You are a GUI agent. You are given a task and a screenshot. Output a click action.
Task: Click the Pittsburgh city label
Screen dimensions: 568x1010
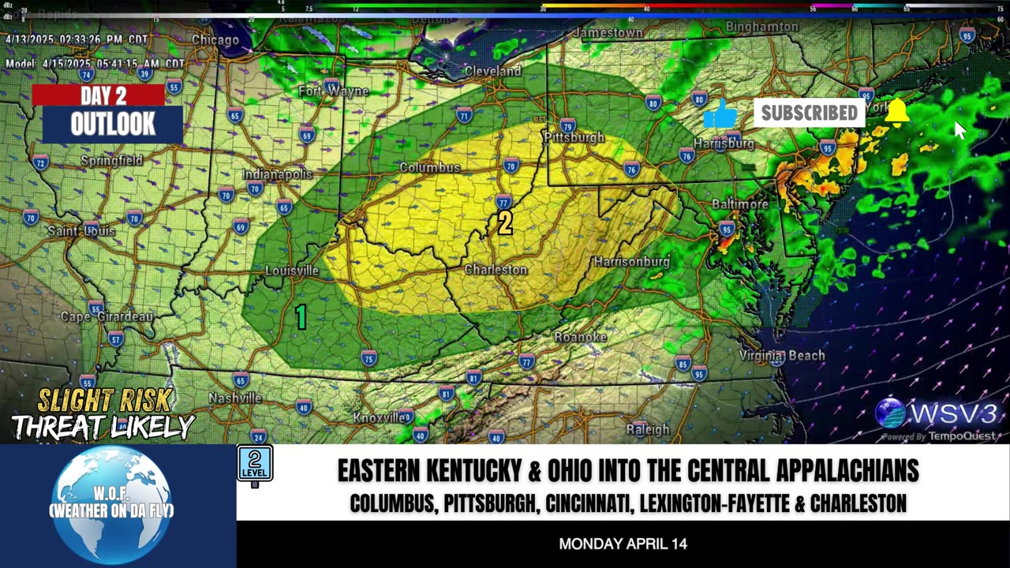[x=574, y=137]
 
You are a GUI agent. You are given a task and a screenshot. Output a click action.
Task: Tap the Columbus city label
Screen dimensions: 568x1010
[x=429, y=167]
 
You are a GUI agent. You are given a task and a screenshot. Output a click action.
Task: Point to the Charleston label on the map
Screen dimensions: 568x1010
[x=496, y=270]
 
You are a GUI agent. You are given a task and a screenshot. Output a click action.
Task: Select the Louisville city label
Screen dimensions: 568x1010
[x=292, y=271]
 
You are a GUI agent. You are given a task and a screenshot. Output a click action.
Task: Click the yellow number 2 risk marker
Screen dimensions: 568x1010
[x=505, y=223]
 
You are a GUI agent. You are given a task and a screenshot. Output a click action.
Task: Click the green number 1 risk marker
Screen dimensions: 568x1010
[x=301, y=317]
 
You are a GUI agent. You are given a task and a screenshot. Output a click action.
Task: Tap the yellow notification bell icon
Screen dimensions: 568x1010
[x=897, y=112]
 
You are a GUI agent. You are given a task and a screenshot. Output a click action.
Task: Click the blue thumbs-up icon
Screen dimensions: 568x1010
[x=720, y=115]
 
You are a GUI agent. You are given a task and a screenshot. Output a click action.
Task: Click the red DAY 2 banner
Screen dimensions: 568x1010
[x=99, y=95]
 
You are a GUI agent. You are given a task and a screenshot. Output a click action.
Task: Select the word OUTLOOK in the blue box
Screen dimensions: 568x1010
[x=113, y=124]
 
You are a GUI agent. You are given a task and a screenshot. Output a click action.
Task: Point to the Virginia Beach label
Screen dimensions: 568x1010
[x=782, y=356]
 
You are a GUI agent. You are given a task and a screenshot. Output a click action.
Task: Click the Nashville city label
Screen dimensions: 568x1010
[x=234, y=398]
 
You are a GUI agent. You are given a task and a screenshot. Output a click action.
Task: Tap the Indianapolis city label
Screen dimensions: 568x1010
[x=277, y=174]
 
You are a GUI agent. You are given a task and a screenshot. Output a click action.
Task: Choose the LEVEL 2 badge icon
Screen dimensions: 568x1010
[x=255, y=464]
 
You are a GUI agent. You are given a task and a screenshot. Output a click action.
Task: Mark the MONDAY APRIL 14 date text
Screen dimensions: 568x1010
[x=623, y=544]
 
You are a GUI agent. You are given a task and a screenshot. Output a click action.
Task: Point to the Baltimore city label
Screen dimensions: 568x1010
[x=739, y=204]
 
